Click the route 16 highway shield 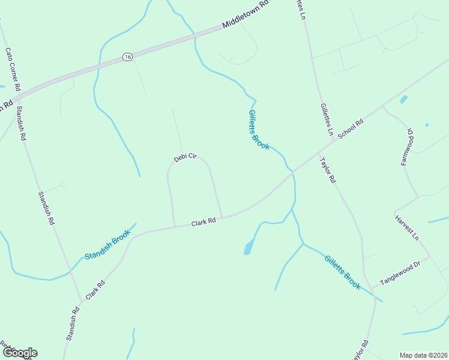(x=127, y=56)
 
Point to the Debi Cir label (x=185, y=157)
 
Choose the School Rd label (x=351, y=129)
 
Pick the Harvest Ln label (x=407, y=227)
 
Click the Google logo (x=19, y=353)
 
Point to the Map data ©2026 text (x=423, y=355)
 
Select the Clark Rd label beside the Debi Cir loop (x=203, y=222)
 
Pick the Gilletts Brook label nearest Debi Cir (x=259, y=130)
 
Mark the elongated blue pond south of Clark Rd (x=249, y=246)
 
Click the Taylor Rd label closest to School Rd (x=327, y=170)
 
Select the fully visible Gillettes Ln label (x=327, y=118)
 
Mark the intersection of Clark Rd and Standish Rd (x=81, y=301)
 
